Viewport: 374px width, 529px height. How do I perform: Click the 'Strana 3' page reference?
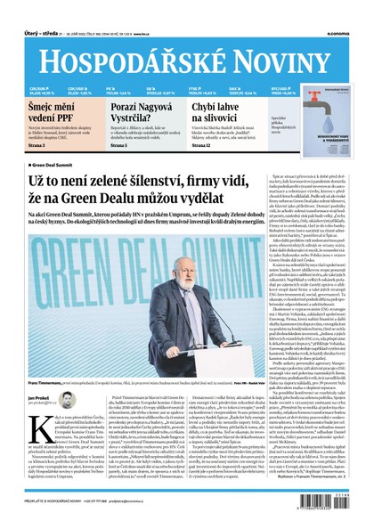[x=37, y=145]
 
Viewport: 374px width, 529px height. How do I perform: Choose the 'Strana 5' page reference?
[x=118, y=145]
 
